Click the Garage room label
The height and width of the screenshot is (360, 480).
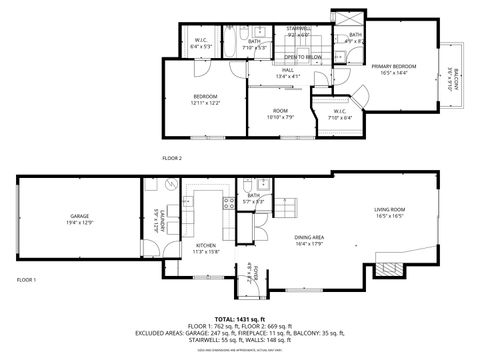coord(80,219)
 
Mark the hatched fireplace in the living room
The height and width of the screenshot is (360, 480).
coord(388,270)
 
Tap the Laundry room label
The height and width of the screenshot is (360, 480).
coord(156,220)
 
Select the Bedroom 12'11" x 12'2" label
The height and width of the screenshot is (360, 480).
coord(206,99)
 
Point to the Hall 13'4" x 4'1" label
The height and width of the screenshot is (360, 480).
coord(287,73)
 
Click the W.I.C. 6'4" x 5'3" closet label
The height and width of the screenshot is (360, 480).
coord(201,43)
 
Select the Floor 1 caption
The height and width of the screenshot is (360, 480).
coord(27,280)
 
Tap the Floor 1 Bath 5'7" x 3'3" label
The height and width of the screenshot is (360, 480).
coord(254,198)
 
